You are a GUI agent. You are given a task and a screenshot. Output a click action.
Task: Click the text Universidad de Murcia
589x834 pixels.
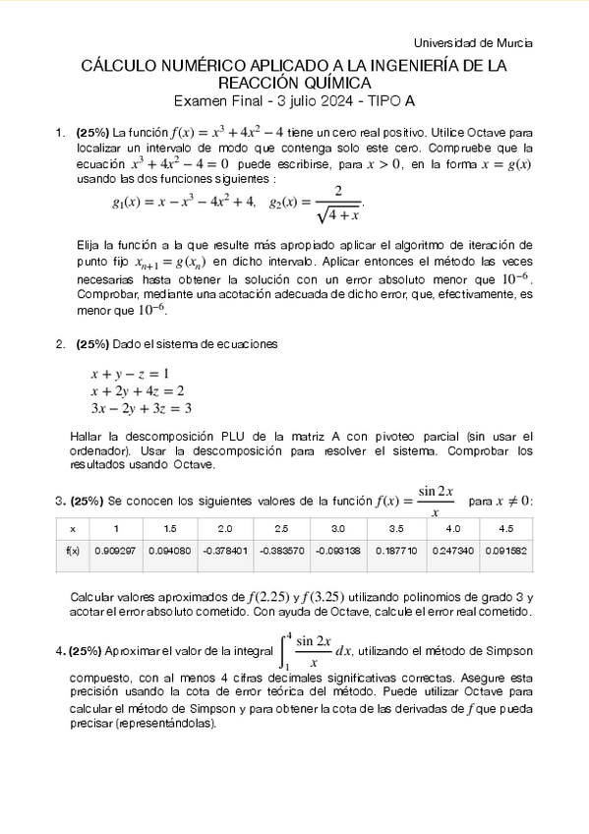(473, 44)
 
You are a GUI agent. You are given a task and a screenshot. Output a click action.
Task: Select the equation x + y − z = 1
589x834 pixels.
(130, 374)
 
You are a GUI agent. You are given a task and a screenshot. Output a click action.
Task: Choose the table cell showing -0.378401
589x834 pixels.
(225, 552)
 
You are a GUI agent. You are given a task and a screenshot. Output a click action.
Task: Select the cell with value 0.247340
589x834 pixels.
(451, 552)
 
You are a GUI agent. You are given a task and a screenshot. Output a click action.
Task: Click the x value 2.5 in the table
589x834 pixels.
(281, 528)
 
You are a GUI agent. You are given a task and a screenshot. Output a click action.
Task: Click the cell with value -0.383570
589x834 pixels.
(281, 552)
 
